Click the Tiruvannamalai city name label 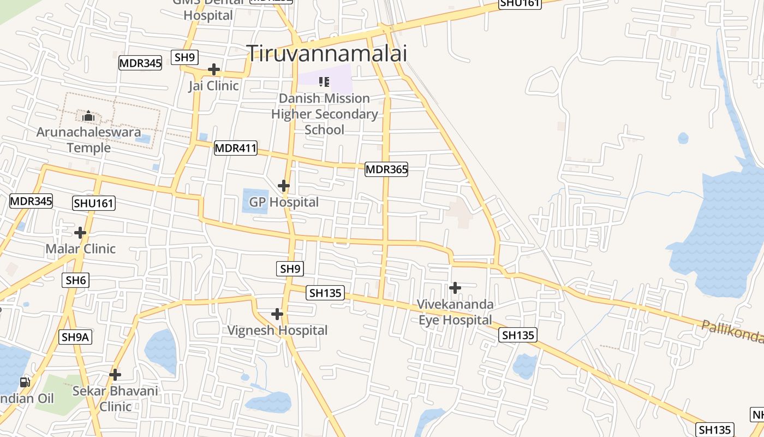(x=327, y=53)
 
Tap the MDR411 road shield (x=235, y=147)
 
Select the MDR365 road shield (x=386, y=169)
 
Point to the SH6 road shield (x=76, y=280)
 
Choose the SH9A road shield (x=75, y=337)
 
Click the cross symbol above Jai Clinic (x=214, y=70)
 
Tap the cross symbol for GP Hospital (x=284, y=186)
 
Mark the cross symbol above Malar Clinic (x=80, y=233)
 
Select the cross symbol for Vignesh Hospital (x=277, y=314)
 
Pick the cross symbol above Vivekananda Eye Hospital (x=455, y=288)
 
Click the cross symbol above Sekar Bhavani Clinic (x=115, y=375)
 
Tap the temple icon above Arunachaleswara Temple (x=88, y=116)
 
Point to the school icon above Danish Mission (x=324, y=82)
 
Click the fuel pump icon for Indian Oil (x=25, y=382)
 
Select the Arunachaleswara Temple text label (x=88, y=140)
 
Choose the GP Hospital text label (x=284, y=202)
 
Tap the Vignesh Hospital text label (x=277, y=330)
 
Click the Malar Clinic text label (x=81, y=249)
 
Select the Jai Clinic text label (x=214, y=86)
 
